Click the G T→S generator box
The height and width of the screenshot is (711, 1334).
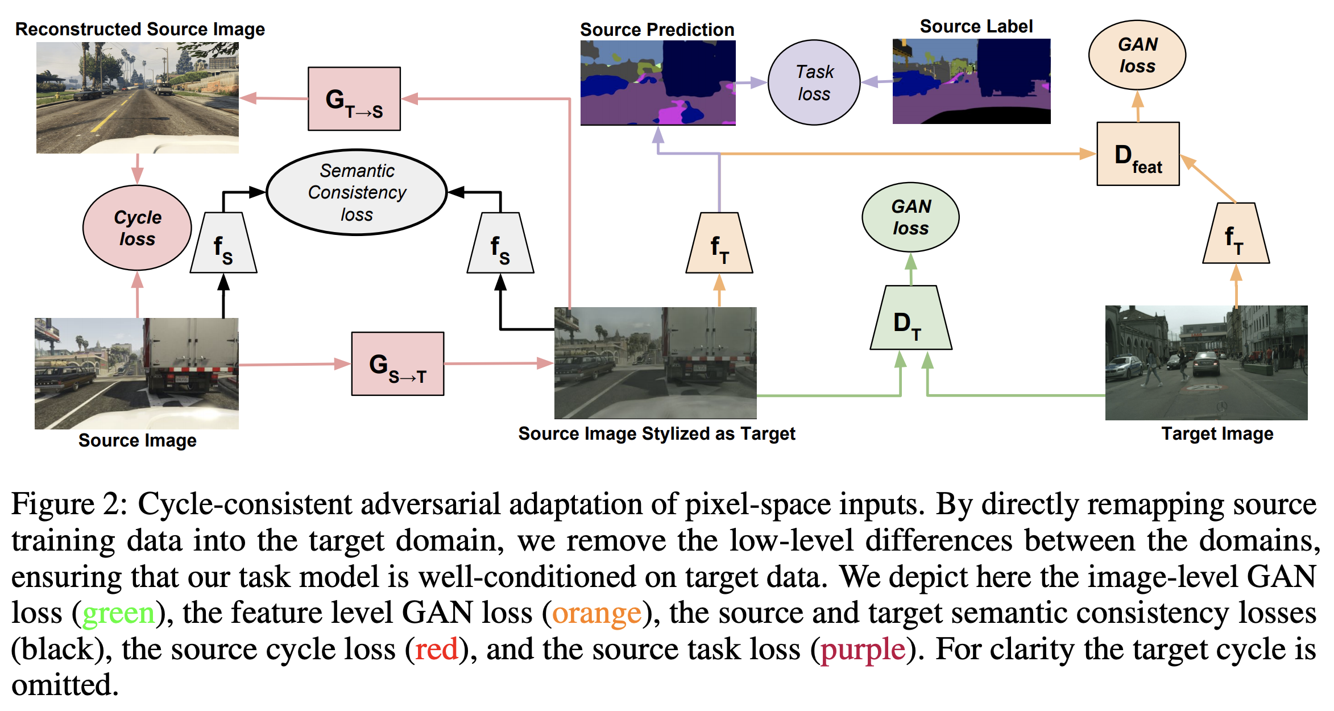pos(354,99)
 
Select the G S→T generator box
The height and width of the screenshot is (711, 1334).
pos(397,364)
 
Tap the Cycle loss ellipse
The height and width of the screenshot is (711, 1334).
pos(137,228)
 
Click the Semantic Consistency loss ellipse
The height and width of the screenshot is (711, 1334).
pos(357,192)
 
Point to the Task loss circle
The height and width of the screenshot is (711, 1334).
pos(814,82)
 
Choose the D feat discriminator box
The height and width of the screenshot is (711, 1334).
pos(1138,154)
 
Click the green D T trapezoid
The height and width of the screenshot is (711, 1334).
pos(911,319)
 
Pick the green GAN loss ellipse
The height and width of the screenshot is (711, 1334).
pos(910,217)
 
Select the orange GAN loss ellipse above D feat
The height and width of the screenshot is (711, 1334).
pos(1137,55)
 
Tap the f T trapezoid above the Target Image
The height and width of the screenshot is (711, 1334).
pos(1236,234)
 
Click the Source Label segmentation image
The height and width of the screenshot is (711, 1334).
pos(971,81)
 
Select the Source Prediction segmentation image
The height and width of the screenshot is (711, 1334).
pos(658,83)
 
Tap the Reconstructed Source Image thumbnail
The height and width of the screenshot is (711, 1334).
pos(138,98)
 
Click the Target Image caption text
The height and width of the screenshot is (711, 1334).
pos(1217,434)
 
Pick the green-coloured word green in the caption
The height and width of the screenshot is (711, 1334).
pos(118,613)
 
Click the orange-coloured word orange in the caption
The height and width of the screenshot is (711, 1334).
pos(596,613)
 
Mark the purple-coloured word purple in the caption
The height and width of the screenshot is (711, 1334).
pos(863,650)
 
